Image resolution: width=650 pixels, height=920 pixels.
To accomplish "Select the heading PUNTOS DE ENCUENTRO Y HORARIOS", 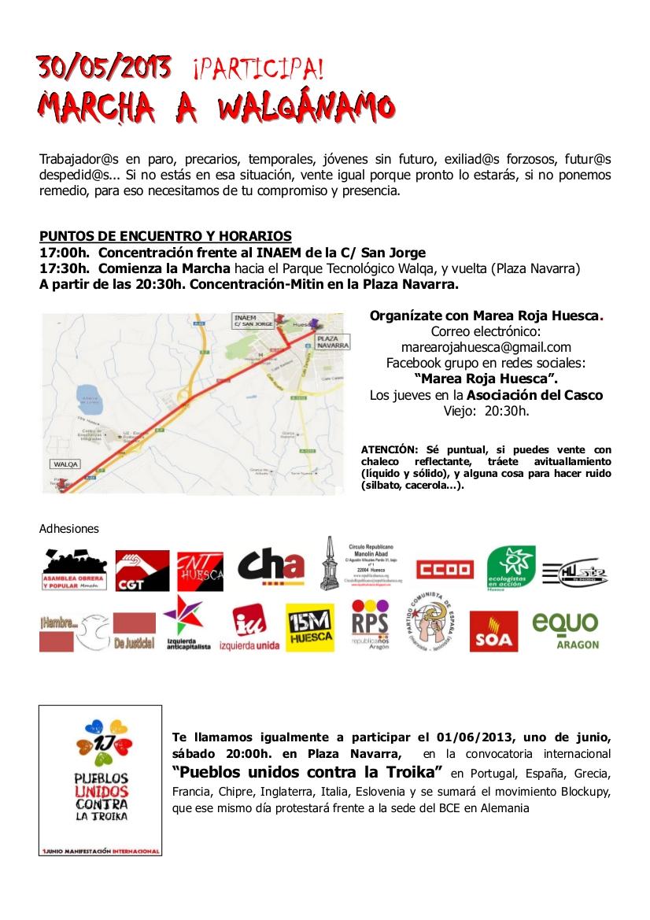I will coord(165,236).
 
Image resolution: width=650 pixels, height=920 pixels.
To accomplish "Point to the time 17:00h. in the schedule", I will coord(65,253).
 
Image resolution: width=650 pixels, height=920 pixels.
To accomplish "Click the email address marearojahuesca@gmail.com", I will coord(486,346).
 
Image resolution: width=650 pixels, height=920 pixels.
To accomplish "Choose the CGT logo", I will coord(142,571).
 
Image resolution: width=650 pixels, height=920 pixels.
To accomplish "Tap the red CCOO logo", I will coord(445,569).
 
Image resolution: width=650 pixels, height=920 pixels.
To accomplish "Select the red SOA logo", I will coord(493,631).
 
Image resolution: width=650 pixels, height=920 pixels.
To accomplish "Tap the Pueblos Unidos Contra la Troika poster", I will coord(100,780).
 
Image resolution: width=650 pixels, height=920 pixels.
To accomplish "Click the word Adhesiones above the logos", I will coord(69,529).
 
